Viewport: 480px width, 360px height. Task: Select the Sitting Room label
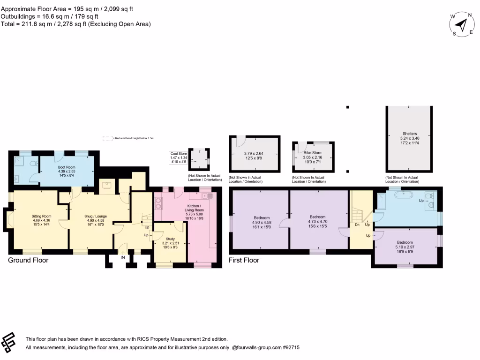[x=41, y=218]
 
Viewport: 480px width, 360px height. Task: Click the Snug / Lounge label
[x=96, y=218]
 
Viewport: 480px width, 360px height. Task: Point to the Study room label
[x=170, y=241]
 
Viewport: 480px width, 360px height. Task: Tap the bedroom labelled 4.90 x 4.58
[x=262, y=220]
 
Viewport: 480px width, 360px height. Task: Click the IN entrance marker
[x=123, y=257]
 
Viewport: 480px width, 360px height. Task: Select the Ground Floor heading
[x=28, y=260]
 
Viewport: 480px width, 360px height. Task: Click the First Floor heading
[x=244, y=260]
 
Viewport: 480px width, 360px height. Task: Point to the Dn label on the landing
[x=357, y=225]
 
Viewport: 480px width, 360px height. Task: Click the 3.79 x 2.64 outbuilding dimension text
[x=255, y=156]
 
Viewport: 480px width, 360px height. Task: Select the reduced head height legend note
[x=128, y=138]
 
